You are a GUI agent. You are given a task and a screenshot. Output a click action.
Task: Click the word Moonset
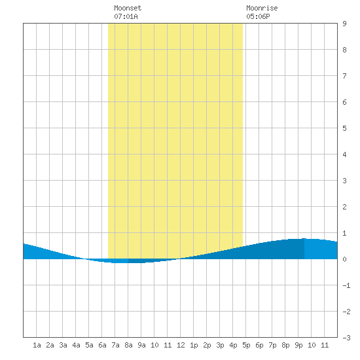pyautogui.click(x=128, y=8)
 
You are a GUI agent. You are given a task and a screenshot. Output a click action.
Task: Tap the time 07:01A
pyautogui.click(x=126, y=16)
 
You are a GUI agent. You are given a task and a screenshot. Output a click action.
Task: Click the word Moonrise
pyautogui.click(x=262, y=8)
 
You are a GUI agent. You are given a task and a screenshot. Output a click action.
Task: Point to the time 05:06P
pyautogui.click(x=258, y=16)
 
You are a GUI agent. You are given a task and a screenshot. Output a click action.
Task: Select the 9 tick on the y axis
pyautogui.click(x=344, y=24)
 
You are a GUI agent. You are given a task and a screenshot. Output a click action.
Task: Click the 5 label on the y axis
pyautogui.click(x=344, y=128)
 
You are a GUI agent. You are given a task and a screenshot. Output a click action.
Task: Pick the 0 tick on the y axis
pyautogui.click(x=344, y=259)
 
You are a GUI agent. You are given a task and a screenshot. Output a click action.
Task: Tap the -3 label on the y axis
pyautogui.click(x=346, y=338)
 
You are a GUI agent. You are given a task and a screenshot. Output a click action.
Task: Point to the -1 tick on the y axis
pyautogui.click(x=346, y=285)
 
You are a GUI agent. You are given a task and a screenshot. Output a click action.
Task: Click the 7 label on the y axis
pyautogui.click(x=344, y=76)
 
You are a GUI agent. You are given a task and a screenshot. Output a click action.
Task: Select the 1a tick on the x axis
pyautogui.click(x=37, y=345)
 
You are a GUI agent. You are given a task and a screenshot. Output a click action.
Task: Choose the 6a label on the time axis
pyautogui.click(x=102, y=345)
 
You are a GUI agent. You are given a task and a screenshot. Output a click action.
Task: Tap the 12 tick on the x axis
pyautogui.click(x=181, y=345)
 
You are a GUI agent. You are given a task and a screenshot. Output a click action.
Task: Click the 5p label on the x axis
pyautogui.click(x=246, y=345)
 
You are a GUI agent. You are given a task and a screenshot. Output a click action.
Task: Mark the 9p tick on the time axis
pyautogui.click(x=298, y=345)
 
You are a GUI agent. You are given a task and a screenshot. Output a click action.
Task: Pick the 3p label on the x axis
pyautogui.click(x=220, y=345)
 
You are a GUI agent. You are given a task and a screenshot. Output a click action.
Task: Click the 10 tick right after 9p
pyautogui.click(x=312, y=345)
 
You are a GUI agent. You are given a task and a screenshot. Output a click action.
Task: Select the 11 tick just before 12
pyautogui.click(x=168, y=345)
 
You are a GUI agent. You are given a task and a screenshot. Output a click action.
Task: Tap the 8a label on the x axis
pyautogui.click(x=128, y=345)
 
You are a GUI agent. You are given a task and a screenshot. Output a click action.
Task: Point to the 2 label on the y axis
pyautogui.click(x=344, y=207)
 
